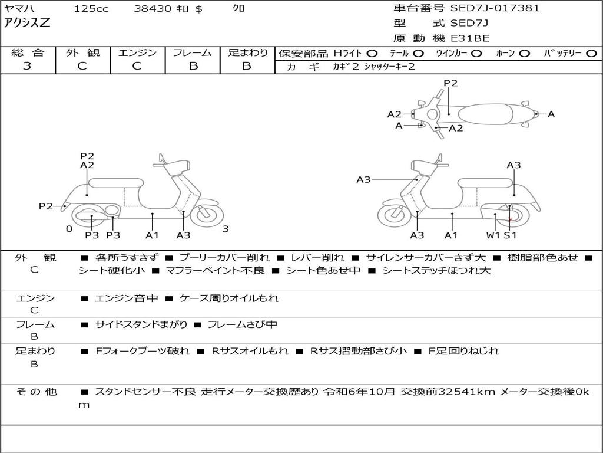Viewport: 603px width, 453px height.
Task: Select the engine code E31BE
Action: coord(471,38)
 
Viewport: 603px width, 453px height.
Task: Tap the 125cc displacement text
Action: coord(87,9)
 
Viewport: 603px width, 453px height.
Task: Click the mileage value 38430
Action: coord(154,9)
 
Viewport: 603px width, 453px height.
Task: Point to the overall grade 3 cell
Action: coord(27,66)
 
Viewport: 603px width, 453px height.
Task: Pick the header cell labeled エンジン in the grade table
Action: coord(137,53)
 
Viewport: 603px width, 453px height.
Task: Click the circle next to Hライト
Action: coord(372,53)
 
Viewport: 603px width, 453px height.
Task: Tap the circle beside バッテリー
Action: coord(592,53)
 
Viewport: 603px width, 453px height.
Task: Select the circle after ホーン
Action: coord(525,53)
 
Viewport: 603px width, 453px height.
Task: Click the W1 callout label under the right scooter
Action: coord(493,235)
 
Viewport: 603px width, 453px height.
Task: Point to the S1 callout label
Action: coord(510,235)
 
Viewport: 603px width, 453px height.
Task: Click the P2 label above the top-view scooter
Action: coord(450,83)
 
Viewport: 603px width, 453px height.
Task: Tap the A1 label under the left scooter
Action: coord(153,235)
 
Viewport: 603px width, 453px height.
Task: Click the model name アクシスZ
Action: coord(27,24)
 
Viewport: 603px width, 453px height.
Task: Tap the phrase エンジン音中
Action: coord(127,298)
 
